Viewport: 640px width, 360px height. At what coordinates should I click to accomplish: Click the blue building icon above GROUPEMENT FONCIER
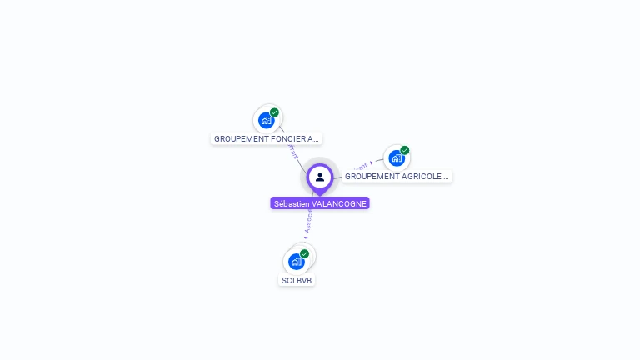click(266, 120)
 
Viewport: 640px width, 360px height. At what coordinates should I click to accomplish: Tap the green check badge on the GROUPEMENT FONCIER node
click(274, 112)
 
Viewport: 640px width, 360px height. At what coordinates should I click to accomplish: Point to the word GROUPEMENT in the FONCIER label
click(236, 139)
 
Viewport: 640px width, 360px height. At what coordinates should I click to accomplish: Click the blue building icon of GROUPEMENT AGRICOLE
click(397, 157)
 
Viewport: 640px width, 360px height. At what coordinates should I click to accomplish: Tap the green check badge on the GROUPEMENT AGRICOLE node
click(405, 151)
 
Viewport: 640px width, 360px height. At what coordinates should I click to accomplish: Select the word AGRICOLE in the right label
click(421, 177)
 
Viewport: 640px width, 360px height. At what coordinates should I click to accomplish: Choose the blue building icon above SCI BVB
click(296, 262)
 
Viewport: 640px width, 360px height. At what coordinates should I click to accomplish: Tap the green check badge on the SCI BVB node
click(304, 254)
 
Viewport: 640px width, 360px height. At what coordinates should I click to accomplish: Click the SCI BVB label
click(297, 281)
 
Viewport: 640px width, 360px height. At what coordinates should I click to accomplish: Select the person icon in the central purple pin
click(320, 177)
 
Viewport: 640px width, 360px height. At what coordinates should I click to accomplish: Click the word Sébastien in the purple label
click(292, 203)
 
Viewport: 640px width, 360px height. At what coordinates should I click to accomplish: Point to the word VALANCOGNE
click(339, 203)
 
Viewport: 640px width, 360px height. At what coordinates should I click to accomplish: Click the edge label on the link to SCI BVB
click(308, 222)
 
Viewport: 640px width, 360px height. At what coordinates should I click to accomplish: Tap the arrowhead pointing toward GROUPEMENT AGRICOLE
click(372, 163)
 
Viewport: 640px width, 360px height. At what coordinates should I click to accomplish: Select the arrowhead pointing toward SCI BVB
click(306, 237)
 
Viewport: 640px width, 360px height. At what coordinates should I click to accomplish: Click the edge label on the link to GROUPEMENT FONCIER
click(292, 151)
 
